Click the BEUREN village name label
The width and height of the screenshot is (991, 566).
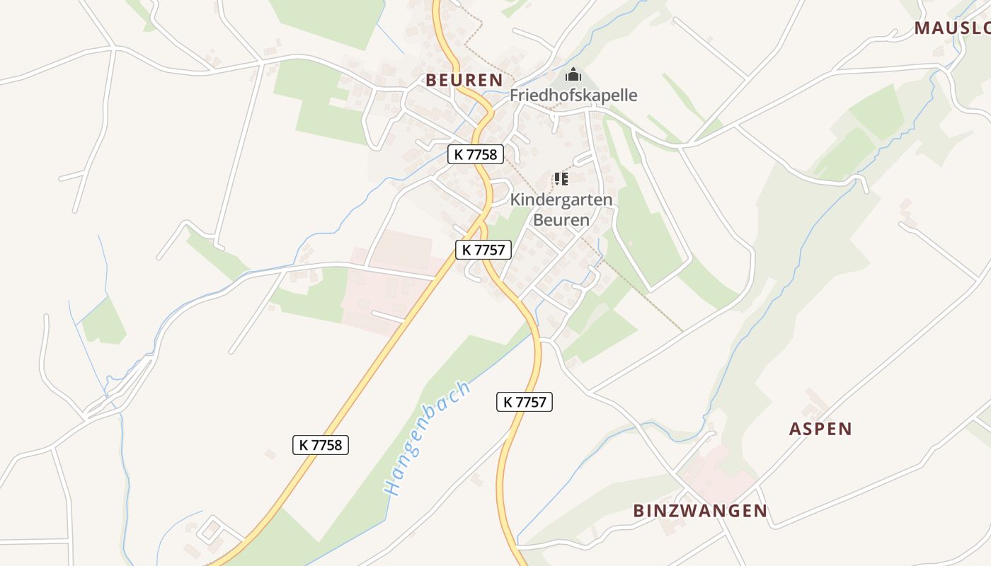coord(464,80)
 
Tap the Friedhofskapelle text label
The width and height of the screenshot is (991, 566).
coord(573,96)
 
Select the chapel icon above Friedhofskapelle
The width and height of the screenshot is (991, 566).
coord(573,74)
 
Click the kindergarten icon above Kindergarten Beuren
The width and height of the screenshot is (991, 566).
coord(561,178)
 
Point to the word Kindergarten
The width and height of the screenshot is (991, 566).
coord(561,200)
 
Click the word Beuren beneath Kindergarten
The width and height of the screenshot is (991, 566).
coord(561,220)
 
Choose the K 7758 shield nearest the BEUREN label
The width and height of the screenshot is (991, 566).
coord(475,154)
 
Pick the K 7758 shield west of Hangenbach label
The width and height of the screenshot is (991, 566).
coord(321,444)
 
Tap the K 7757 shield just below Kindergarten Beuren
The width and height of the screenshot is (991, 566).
coord(483,249)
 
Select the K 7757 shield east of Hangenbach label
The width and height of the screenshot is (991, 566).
coord(524,402)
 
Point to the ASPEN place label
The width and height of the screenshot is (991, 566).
coord(820,429)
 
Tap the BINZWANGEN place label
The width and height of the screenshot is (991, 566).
coord(700,511)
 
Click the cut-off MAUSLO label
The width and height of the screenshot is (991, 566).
coord(952,28)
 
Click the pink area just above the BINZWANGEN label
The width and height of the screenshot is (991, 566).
coord(715,474)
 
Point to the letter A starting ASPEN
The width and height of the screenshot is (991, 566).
coord(796,429)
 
